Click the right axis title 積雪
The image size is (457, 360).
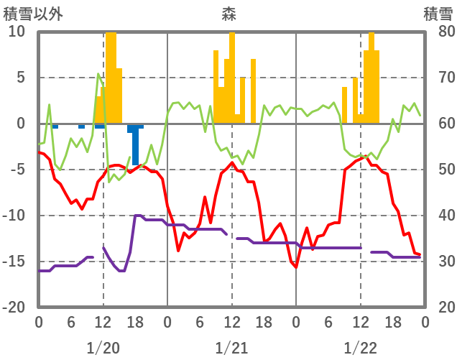tap(438, 13)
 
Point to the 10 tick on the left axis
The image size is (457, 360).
tap(17, 32)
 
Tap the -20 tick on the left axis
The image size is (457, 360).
tap(14, 307)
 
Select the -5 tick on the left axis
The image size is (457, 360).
tap(17, 170)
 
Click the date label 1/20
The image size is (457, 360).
tap(103, 348)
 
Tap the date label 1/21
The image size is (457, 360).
tap(231, 348)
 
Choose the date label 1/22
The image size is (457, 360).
tap(360, 348)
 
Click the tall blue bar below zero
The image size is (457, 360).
tap(135, 145)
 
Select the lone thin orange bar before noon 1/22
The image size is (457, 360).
tap(344, 105)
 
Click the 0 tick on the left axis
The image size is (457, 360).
tap(21, 124)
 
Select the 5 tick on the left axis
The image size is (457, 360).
tap(21, 78)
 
